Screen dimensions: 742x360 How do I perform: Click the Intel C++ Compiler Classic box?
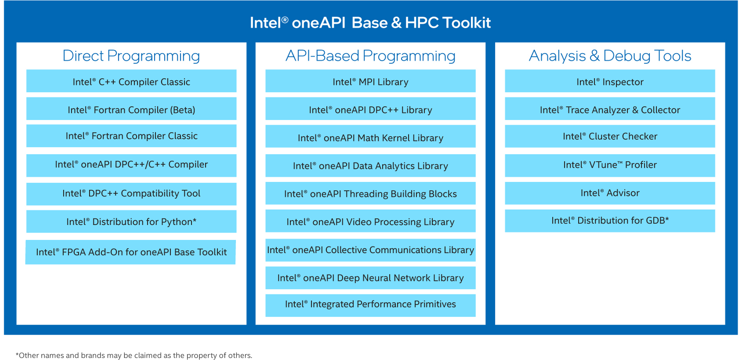tap(131, 81)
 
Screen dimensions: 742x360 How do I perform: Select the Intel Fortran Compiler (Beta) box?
tap(131, 109)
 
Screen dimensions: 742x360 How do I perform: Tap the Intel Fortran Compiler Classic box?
tap(131, 136)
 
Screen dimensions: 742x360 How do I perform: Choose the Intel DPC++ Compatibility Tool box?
tap(131, 194)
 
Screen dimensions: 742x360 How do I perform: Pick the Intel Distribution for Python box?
tap(131, 221)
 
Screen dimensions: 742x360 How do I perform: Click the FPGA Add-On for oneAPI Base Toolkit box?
tap(131, 252)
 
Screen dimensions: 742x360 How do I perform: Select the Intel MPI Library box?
tap(371, 81)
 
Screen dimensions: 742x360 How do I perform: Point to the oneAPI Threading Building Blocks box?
tap(371, 193)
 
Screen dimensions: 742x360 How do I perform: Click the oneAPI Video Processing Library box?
tap(371, 221)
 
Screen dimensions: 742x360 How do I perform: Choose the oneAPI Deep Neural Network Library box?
tap(371, 278)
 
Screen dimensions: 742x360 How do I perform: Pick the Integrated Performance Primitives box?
tap(371, 306)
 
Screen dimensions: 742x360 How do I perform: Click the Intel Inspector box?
tap(610, 81)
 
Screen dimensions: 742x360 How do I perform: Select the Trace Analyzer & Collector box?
tap(610, 109)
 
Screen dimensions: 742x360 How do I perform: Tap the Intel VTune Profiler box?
tap(610, 165)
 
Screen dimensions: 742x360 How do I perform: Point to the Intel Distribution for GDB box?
tap(610, 221)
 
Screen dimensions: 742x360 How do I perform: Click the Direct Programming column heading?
tap(131, 56)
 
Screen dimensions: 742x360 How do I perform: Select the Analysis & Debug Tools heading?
tap(610, 56)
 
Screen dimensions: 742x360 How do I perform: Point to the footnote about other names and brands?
tap(134, 355)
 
